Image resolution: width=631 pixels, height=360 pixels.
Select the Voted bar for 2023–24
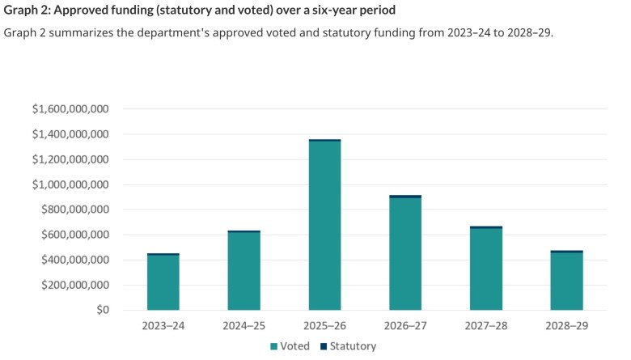[163, 283]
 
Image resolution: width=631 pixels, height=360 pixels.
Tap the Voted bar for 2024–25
[244, 272]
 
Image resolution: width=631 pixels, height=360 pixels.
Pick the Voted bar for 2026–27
[405, 254]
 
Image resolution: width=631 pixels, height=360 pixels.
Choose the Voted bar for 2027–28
[486, 269]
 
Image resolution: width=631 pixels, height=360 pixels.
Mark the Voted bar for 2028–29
[566, 282]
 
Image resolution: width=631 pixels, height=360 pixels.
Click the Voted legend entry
[289, 345]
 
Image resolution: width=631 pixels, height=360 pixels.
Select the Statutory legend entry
[345, 345]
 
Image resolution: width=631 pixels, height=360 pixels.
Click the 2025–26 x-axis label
[324, 324]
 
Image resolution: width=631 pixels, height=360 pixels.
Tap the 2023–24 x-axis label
[163, 324]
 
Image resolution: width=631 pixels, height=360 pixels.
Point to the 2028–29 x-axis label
[566, 324]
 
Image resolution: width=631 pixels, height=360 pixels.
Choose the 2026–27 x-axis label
[405, 324]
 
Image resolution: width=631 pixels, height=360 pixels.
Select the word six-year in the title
[321, 11]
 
